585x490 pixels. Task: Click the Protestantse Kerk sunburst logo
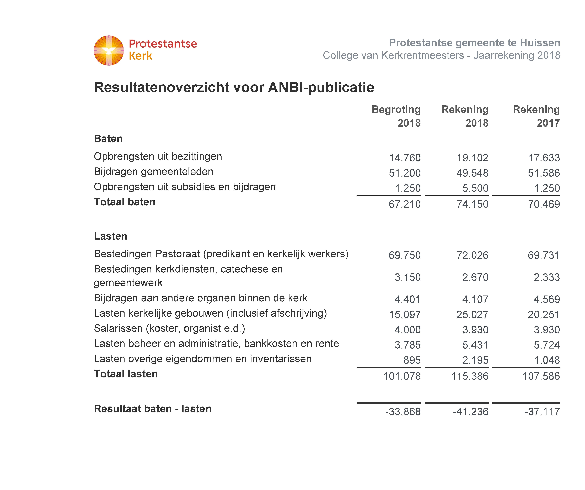pos(109,50)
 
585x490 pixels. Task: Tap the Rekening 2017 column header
pos(536,116)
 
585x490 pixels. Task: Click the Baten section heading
pos(108,139)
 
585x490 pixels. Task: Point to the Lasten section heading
pos(111,236)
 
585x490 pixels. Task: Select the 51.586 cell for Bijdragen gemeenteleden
pos(544,173)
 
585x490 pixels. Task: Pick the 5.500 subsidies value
pos(475,188)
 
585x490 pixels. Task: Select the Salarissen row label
pos(169,328)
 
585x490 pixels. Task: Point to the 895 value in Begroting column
pos(412,360)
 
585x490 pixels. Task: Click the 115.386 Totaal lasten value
pos(470,376)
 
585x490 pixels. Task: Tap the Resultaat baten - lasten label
pos(153,409)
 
